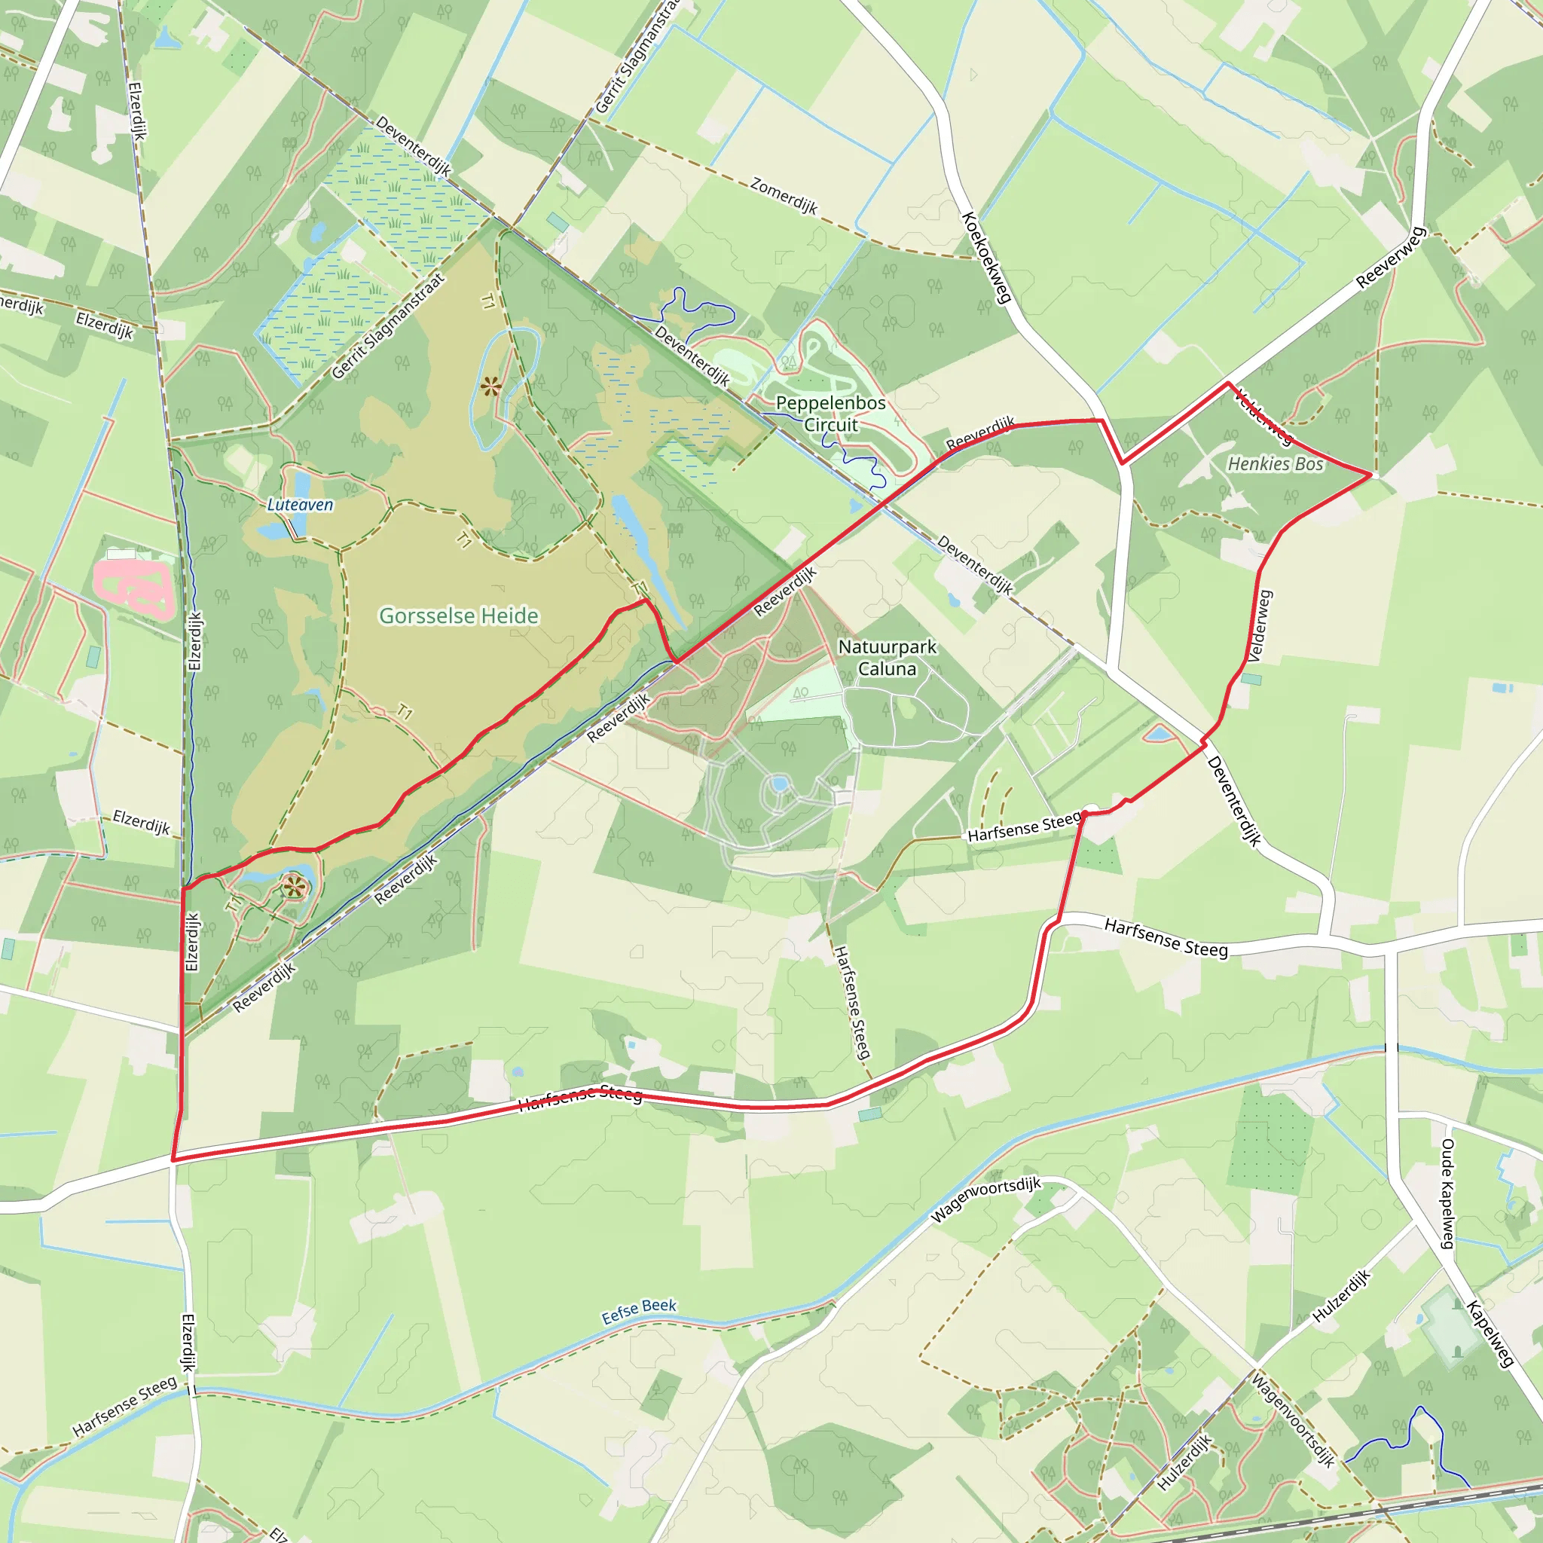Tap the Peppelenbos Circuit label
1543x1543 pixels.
[830, 414]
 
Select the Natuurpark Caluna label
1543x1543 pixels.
[887, 657]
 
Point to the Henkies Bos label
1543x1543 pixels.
[1276, 464]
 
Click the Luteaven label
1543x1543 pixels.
[301, 505]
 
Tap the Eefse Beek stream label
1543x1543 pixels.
[639, 1311]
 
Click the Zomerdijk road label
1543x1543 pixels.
[784, 196]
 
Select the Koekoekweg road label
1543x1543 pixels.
[987, 257]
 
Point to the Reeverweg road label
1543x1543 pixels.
[1391, 258]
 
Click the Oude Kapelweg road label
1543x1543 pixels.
[1447, 1194]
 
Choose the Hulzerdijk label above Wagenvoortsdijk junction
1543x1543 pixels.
[1342, 1295]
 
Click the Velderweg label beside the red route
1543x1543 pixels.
[1260, 626]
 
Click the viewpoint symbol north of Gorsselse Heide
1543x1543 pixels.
[490, 387]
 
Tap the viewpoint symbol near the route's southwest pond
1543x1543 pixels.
[295, 886]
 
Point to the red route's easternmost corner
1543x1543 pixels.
[1371, 475]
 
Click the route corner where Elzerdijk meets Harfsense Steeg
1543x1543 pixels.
[173, 1159]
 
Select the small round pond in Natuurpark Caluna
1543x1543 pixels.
[779, 784]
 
